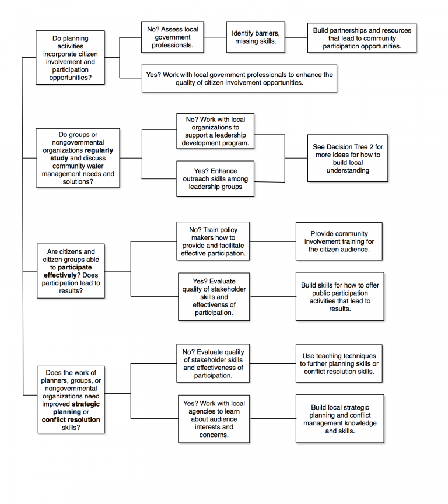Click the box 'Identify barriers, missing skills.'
[256, 37]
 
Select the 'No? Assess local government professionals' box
[172, 37]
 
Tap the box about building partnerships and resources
[362, 38]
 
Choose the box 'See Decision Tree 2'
[348, 159]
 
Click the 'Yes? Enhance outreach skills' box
[215, 178]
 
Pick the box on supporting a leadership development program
[215, 131]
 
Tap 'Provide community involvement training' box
[339, 242]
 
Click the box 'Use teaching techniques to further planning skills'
[339, 363]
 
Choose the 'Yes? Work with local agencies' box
[214, 419]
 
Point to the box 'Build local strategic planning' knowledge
[339, 419]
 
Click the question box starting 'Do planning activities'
[70, 58]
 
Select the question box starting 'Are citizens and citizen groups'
[70, 271]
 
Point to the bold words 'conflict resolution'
[71, 419]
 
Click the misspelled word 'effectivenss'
[214, 304]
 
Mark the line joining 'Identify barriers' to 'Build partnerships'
[296, 37]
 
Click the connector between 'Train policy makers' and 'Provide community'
[273, 242]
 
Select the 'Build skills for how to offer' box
[339, 297]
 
